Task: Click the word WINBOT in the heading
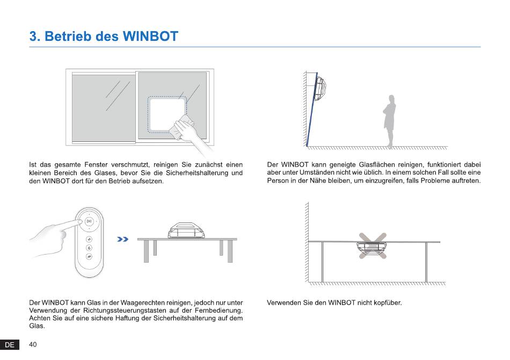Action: click(x=151, y=36)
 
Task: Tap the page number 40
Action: click(x=33, y=344)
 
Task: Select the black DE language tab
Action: click(x=10, y=345)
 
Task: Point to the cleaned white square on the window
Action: click(x=167, y=114)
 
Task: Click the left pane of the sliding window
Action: click(x=104, y=108)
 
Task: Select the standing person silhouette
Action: click(x=390, y=121)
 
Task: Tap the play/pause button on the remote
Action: click(x=89, y=221)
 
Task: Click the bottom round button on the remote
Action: click(x=89, y=256)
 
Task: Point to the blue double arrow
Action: click(x=122, y=239)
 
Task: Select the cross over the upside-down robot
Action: click(x=373, y=246)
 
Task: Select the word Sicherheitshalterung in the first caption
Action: click(x=198, y=173)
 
